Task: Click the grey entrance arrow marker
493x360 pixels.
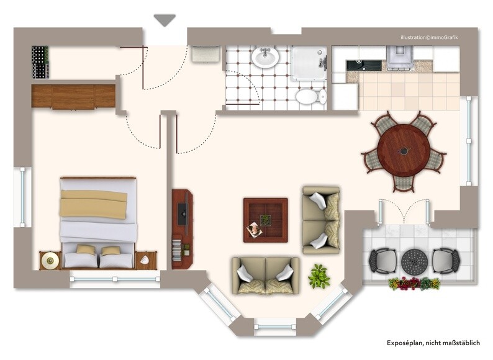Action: (165, 20)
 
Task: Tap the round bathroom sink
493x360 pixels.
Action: (265, 57)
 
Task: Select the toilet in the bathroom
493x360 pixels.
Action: (310, 96)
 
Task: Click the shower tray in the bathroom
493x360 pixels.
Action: (309, 63)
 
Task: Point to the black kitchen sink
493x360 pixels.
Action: (364, 65)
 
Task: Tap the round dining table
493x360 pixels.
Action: (404, 151)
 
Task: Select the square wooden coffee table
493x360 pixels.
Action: (266, 220)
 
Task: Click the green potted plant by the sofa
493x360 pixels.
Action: (319, 276)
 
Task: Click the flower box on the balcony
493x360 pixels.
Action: (414, 283)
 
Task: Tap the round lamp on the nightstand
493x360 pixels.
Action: (50, 260)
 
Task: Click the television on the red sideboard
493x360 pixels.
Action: (183, 214)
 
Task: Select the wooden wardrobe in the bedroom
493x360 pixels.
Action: (73, 96)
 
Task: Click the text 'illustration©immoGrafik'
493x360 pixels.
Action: (429, 37)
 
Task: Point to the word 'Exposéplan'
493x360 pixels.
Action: (404, 343)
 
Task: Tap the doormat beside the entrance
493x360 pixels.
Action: (206, 54)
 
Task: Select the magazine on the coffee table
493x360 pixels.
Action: (254, 230)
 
